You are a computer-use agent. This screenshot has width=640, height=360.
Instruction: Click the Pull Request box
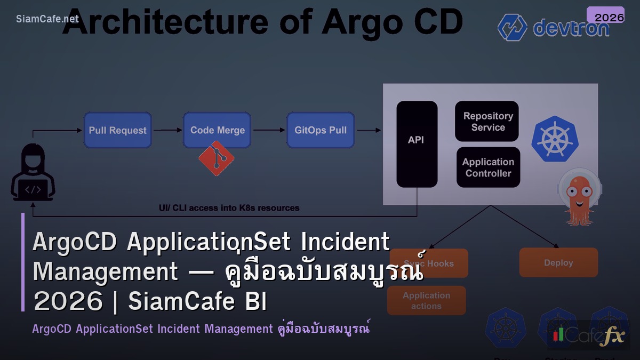tap(117, 130)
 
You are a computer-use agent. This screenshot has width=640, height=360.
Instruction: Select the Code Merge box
tap(217, 130)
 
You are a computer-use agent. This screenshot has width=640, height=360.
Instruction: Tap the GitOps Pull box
tap(321, 130)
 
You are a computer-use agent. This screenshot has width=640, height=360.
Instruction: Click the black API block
tap(417, 144)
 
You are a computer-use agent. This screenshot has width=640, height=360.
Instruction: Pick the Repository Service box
tap(487, 122)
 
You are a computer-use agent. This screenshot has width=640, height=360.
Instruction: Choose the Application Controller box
tap(488, 167)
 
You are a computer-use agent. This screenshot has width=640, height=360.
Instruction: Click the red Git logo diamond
tap(216, 158)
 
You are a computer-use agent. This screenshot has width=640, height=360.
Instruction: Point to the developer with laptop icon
tap(33, 174)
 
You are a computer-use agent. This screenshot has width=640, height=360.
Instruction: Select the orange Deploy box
tap(558, 262)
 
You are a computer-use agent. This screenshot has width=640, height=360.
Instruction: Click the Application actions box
tap(426, 301)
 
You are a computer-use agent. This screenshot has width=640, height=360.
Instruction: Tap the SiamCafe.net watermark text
tap(47, 19)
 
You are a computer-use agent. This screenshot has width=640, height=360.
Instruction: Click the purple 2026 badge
tap(605, 16)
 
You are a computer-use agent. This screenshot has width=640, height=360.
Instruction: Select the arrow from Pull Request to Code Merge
tap(167, 130)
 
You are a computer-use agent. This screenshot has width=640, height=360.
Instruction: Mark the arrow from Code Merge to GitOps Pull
tap(269, 130)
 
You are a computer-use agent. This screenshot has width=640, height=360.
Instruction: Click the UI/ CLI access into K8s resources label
tap(229, 208)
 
